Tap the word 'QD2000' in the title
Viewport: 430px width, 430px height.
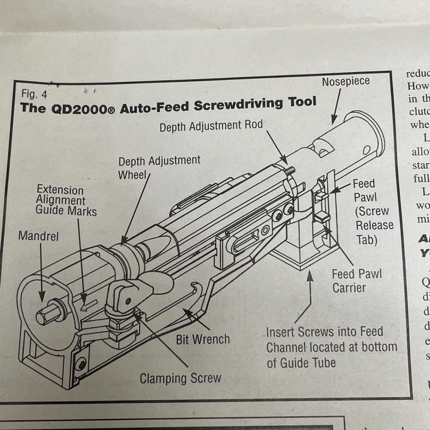coord(85,108)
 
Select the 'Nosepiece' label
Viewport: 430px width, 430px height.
coord(345,81)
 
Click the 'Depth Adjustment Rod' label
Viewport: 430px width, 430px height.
coord(211,126)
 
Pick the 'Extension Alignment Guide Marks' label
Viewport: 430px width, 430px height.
coord(66,200)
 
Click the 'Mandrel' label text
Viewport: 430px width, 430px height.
coord(38,236)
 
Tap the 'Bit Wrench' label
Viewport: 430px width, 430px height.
coord(203,339)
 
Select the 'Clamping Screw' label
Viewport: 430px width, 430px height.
coord(180,378)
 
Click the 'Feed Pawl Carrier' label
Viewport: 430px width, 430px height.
coord(356,281)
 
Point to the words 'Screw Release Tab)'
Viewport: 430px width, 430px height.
coord(373,225)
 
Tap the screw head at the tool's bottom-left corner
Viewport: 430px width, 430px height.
coord(80,365)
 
